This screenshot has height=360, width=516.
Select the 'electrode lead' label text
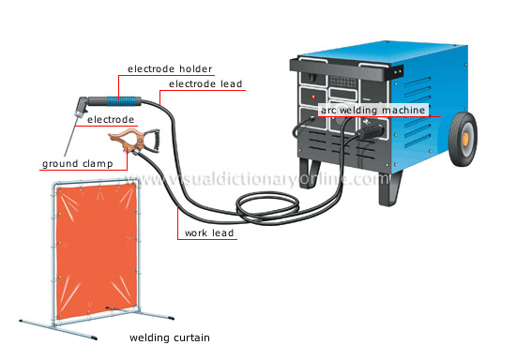click(x=206, y=84)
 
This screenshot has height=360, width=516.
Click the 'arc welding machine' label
click(x=374, y=110)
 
